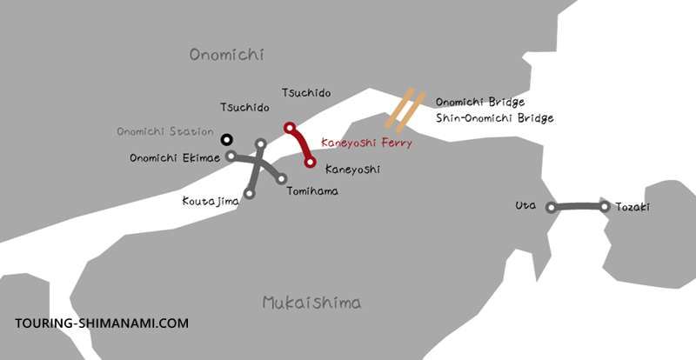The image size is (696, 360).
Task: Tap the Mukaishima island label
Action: (311, 303)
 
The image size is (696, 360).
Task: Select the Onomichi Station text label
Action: (165, 132)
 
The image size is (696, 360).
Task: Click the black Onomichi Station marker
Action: (226, 138)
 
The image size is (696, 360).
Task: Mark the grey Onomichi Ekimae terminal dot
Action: (231, 157)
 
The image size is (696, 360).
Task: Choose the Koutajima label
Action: (209, 202)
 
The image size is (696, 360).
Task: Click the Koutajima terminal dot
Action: (250, 194)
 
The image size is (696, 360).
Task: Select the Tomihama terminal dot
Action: (281, 179)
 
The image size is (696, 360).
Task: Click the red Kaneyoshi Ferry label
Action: (366, 143)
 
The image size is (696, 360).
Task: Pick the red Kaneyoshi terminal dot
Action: (310, 162)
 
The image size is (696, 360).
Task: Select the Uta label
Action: (525, 206)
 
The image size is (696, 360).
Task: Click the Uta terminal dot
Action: (550, 208)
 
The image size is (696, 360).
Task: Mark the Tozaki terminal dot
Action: (605, 206)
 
